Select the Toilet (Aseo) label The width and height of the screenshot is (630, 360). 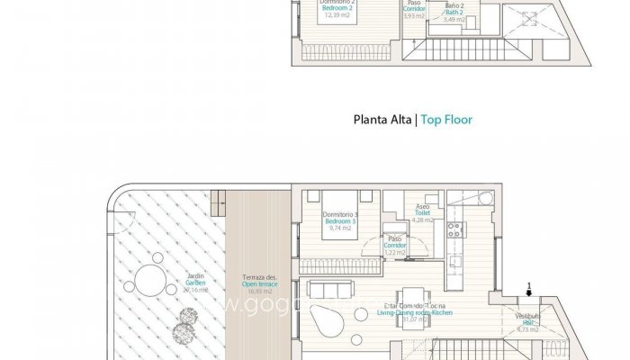tap(422, 212)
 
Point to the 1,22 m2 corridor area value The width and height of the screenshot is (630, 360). tap(395, 252)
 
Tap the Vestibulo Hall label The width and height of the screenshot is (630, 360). tap(527, 321)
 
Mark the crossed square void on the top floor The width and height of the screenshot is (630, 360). tap(523, 20)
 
